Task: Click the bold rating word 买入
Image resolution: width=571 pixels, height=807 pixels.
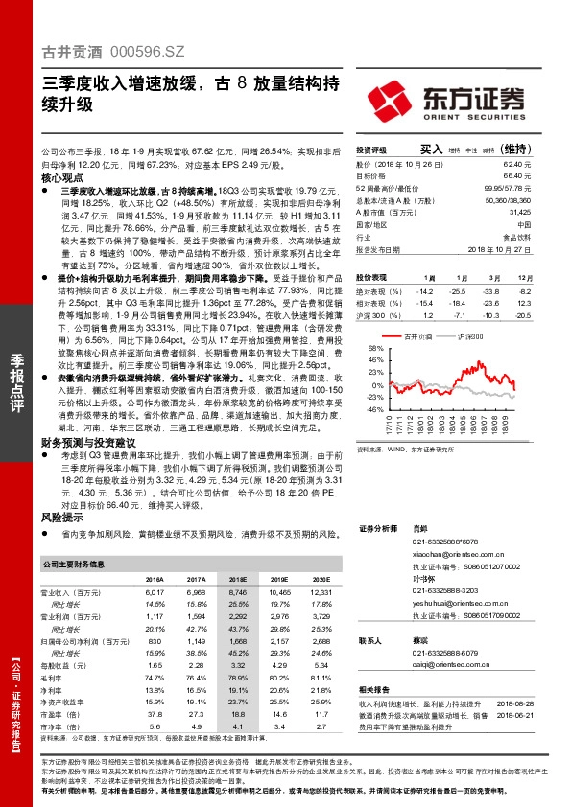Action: tap(431, 150)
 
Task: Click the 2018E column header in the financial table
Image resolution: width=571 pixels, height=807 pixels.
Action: tap(235, 581)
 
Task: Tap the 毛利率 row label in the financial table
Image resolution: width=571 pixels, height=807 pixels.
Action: tap(53, 677)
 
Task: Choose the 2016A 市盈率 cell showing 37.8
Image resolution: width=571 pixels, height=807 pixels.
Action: tap(154, 714)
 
